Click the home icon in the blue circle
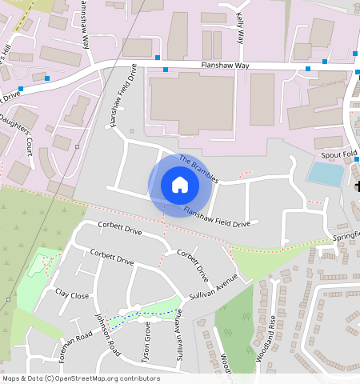coord(180,185)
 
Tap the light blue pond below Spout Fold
coord(325,174)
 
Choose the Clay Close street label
coord(72,294)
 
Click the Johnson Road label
coord(108,334)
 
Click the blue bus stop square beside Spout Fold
coord(356,158)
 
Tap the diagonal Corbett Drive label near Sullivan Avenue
coord(193,266)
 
